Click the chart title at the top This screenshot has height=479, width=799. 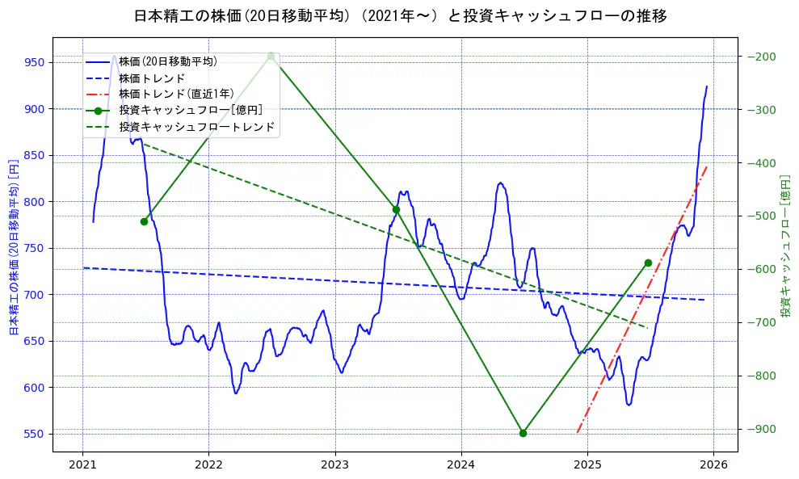coord(400,15)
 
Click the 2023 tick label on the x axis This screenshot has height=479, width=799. coord(334,465)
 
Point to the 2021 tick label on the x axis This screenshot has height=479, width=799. coord(82,465)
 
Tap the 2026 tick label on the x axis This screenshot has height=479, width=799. coord(713,465)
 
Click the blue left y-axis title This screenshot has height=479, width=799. coord(13,246)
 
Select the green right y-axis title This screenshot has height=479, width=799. coord(784,246)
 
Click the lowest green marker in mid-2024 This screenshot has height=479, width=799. coord(523,433)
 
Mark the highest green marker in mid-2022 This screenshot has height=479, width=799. coord(271,56)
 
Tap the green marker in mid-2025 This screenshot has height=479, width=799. coord(648,263)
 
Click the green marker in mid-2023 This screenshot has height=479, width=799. coord(396,209)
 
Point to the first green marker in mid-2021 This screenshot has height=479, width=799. coord(144,221)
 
